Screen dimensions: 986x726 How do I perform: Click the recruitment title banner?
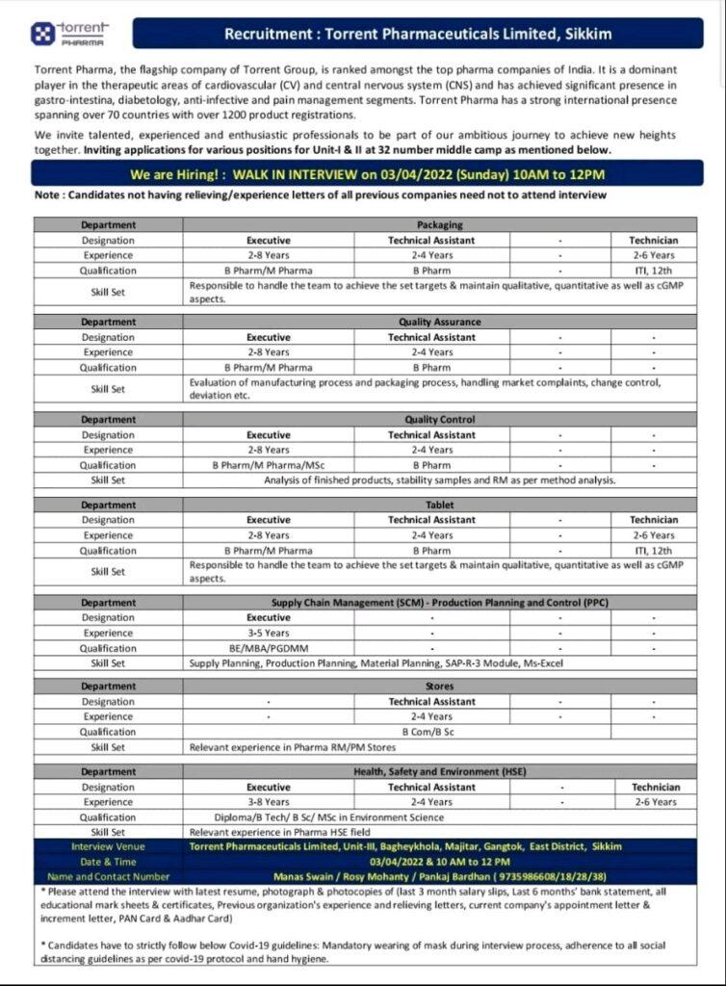tap(417, 34)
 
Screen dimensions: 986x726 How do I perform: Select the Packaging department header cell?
tap(438, 225)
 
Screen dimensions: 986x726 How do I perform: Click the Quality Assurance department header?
tap(438, 323)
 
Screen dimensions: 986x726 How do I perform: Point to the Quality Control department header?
tap(438, 420)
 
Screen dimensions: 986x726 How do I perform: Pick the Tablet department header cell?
tap(438, 505)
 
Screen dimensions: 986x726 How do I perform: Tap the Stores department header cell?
tap(438, 687)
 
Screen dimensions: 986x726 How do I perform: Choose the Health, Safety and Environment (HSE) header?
tap(438, 771)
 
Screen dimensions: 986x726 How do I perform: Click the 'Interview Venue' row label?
tap(107, 846)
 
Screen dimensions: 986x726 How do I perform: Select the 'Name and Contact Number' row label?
tap(107, 876)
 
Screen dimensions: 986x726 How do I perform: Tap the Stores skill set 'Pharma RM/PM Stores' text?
tap(293, 747)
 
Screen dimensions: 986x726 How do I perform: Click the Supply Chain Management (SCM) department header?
tap(438, 603)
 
